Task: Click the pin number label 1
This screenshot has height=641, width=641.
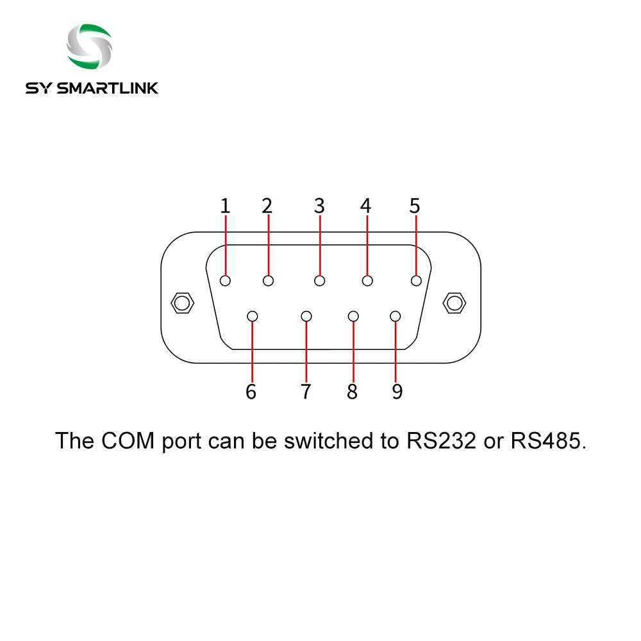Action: coord(225,206)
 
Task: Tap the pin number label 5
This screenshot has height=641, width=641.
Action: coord(415,206)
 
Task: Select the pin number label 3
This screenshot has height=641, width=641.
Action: coord(319,206)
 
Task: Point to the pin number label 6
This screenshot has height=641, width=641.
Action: coord(251,392)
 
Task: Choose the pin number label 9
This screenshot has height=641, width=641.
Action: coord(397,392)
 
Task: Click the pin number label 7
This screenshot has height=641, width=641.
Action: coord(306,392)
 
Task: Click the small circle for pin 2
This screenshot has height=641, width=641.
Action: coord(268,281)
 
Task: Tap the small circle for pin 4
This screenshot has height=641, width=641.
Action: coord(367,281)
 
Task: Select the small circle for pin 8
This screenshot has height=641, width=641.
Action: coord(353,317)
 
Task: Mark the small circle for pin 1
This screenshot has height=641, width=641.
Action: coord(225,281)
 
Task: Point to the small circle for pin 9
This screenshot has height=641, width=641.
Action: coord(395,317)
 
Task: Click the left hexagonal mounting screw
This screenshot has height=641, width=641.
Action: coord(182,303)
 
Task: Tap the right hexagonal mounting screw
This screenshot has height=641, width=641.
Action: coord(454,303)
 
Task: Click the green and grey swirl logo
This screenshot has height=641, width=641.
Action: coord(90,46)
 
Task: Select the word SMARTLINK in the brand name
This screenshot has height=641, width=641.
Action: coord(108,88)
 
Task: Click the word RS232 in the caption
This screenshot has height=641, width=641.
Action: coord(442,441)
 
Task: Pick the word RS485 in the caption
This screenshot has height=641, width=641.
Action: coord(549,441)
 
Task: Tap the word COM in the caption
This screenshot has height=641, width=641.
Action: coord(128,441)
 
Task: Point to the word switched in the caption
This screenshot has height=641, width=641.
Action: coord(328,441)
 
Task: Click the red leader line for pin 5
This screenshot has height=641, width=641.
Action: coord(416,246)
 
